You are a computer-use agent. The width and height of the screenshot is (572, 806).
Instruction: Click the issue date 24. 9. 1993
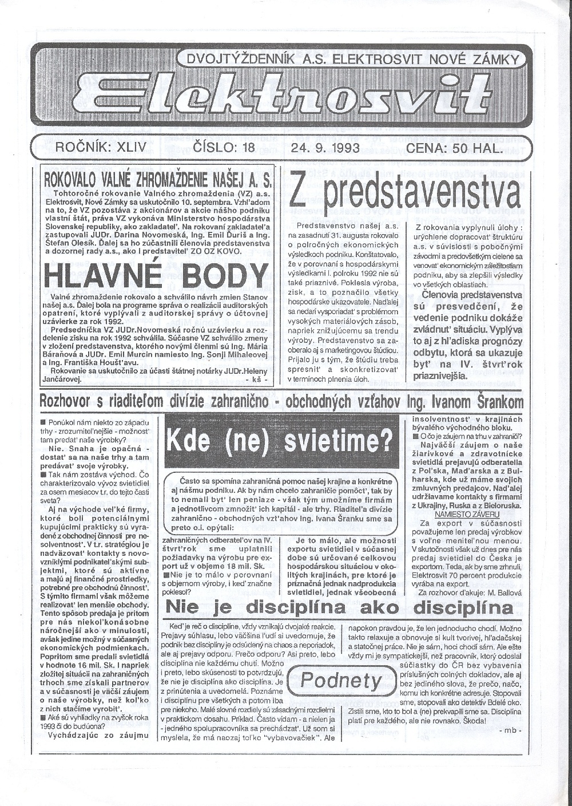tap(325, 148)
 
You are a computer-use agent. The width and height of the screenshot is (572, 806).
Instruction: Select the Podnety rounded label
tap(341, 681)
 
